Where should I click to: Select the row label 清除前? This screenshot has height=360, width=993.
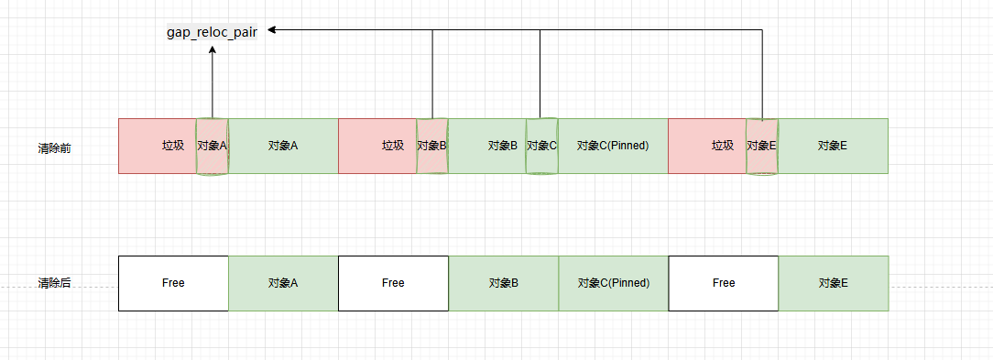click(55, 147)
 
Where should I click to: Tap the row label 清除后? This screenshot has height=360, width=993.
click(55, 284)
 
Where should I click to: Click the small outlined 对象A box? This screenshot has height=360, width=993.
click(213, 146)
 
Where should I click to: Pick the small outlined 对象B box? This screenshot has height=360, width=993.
click(431, 146)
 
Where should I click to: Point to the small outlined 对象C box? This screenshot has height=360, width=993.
click(541, 146)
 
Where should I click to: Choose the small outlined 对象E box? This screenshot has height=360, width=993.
click(761, 146)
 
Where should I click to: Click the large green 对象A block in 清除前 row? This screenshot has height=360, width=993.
click(284, 146)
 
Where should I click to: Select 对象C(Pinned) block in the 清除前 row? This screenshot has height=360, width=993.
click(614, 146)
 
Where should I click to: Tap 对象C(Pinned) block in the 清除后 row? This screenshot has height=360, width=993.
click(614, 283)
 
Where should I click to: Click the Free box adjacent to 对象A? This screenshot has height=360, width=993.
click(173, 283)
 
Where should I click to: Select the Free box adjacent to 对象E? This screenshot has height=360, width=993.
click(724, 283)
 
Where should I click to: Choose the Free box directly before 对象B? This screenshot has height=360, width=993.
click(393, 283)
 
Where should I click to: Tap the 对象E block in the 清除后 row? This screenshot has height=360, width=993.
click(834, 283)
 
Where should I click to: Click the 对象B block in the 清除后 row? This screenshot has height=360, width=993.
click(504, 283)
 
